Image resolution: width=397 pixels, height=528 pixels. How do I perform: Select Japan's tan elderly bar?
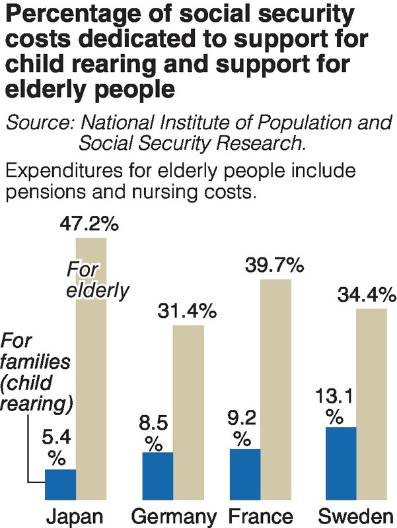[91, 370]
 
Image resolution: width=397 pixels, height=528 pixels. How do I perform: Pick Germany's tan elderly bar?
[188, 412]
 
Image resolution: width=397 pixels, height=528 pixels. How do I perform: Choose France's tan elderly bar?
[275, 389]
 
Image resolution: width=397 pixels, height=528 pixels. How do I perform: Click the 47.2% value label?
[88, 225]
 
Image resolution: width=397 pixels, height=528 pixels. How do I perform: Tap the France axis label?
[259, 515]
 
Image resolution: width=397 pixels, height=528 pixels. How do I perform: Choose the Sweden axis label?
[357, 515]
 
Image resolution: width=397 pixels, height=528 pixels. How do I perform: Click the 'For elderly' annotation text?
[95, 280]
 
